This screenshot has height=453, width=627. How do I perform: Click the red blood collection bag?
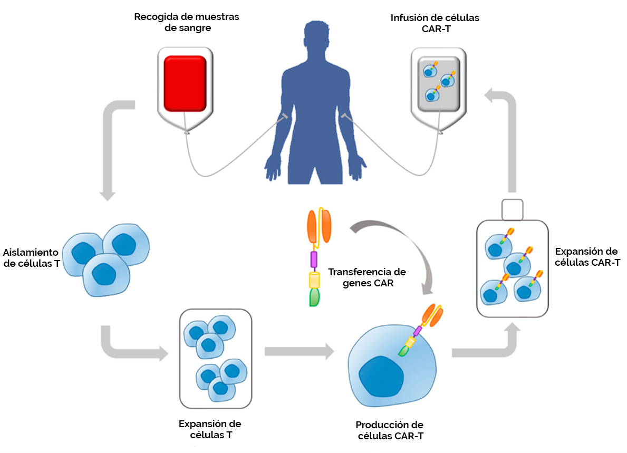tap(185, 84)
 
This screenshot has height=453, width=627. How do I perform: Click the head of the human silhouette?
tap(315, 36)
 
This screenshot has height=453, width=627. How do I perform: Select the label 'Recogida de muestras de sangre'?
tap(187, 22)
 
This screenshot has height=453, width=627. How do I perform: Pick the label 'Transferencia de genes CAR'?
tap(367, 278)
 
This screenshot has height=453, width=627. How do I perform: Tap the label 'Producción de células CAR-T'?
tap(389, 430)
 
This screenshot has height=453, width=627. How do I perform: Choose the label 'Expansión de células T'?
tap(210, 429)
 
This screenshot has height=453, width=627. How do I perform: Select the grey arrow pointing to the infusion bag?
tap(506, 137)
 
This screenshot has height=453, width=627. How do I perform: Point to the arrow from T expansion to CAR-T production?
tap(299, 351)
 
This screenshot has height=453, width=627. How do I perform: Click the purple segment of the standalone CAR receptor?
tap(314, 259)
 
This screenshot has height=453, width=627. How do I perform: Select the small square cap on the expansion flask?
tap(512, 209)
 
